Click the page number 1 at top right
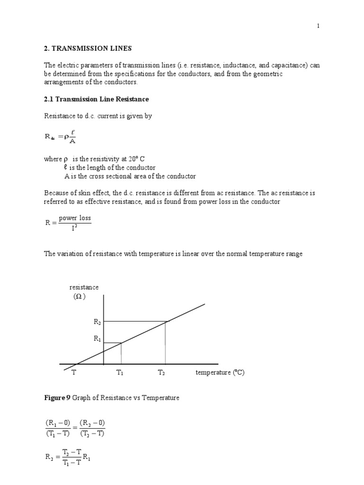tap(318, 27)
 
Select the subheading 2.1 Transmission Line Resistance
tap(96, 99)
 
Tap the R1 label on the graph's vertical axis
tap(97, 339)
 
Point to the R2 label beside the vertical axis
tap(97, 322)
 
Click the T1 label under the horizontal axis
tap(120, 373)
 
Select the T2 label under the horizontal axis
tap(161, 373)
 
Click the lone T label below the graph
tap(73, 373)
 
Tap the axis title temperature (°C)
tap(220, 373)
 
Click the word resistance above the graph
tap(84, 287)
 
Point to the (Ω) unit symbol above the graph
tap(79, 296)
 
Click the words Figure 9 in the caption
tap(57, 398)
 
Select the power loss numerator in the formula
tap(74, 218)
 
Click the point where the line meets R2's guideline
tap(165, 322)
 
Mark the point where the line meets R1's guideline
tap(121, 342)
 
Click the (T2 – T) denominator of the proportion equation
tap(92, 433)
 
